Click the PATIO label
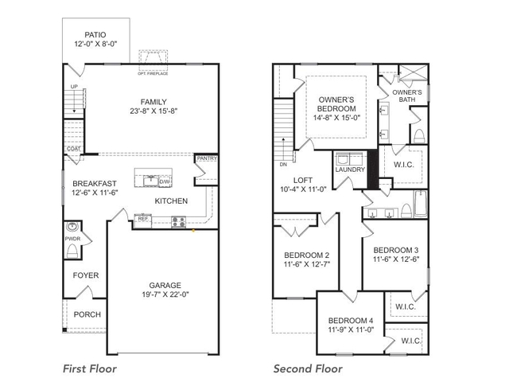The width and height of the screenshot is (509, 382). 95,35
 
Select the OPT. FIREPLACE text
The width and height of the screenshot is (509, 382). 153,74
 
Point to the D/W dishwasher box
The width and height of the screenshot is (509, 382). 165,181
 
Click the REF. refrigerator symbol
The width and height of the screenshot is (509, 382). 143,218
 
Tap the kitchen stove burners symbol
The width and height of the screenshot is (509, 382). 178,222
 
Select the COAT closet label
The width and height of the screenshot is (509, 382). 73,148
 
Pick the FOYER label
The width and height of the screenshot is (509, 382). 86,275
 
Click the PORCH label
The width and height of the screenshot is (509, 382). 87,314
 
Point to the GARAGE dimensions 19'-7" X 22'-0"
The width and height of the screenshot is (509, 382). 165,295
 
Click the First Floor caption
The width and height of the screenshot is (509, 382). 90,368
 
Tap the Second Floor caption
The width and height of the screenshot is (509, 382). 308,368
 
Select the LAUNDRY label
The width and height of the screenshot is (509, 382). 350,170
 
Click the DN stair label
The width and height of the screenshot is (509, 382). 282,165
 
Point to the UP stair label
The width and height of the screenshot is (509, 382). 74,86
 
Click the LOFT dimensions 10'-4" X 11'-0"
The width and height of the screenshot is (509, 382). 304,189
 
